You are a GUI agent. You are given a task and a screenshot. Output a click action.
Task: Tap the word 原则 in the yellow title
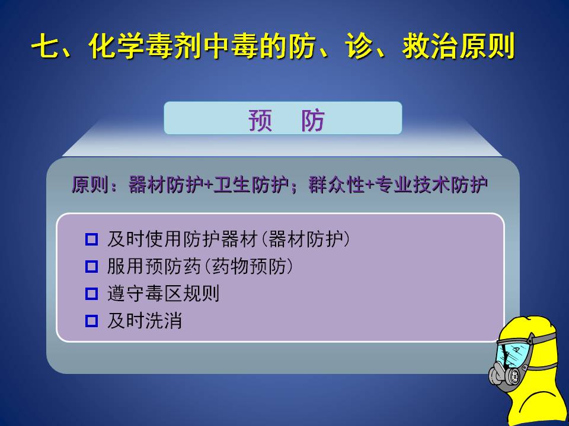(x=487, y=46)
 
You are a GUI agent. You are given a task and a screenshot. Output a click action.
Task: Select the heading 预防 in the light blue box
(x=286, y=120)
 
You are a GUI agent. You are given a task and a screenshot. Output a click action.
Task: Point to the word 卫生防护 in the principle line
(x=251, y=185)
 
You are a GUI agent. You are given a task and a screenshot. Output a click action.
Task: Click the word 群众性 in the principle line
(x=337, y=185)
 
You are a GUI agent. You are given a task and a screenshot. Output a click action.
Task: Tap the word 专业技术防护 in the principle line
(x=431, y=185)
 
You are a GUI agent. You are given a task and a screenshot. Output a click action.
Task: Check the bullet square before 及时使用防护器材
(x=91, y=240)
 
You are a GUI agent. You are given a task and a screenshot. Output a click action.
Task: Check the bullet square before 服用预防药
(x=91, y=267)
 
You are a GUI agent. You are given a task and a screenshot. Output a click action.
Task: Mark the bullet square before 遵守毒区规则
(x=91, y=293)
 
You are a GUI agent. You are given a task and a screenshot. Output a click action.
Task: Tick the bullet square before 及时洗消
(x=91, y=321)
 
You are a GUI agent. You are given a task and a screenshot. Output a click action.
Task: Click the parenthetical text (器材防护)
(x=306, y=240)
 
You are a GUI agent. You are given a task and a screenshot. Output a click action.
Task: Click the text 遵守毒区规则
(x=164, y=293)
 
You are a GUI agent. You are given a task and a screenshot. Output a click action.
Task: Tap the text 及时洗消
(x=145, y=321)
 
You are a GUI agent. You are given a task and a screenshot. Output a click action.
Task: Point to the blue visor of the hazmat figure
(x=513, y=353)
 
